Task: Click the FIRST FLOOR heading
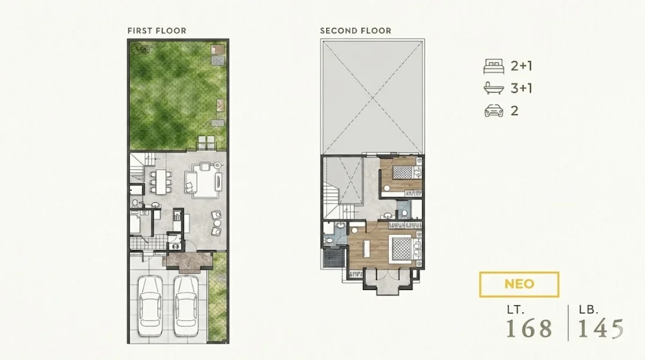point(157,31)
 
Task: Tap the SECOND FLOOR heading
point(356,31)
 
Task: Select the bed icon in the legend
point(494,66)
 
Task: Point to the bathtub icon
point(494,88)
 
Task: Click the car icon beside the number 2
point(494,111)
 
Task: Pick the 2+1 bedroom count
point(521,66)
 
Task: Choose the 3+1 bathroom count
point(521,88)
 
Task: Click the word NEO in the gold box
point(519,284)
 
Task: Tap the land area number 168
point(529,328)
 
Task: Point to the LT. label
point(515,310)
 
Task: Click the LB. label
point(589,310)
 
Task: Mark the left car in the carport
point(150,306)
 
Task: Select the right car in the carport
point(186,306)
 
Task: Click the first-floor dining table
point(161,182)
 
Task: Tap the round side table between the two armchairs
point(217,224)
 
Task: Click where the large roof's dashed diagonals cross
point(372,98)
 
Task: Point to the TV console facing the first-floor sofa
point(219,181)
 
